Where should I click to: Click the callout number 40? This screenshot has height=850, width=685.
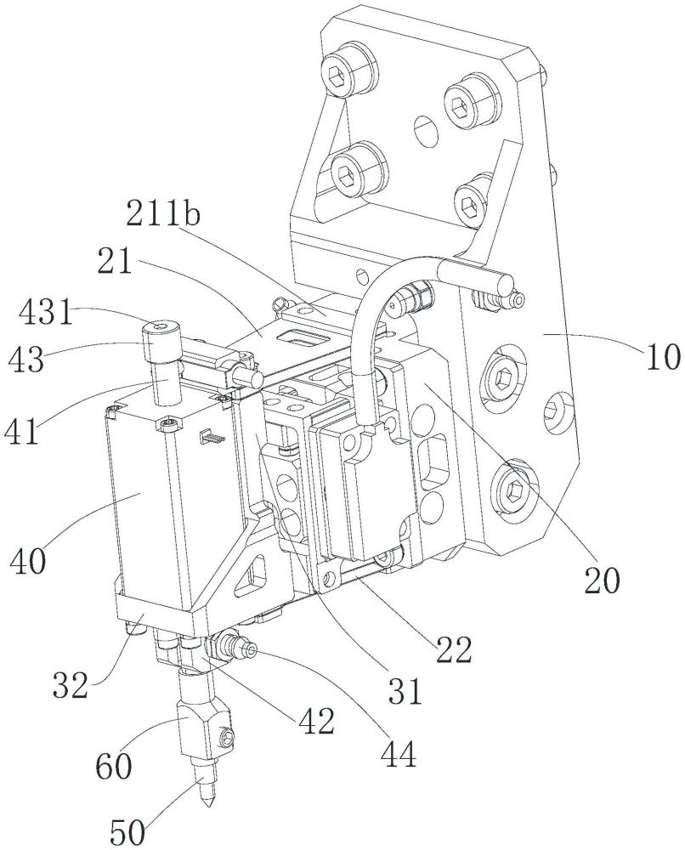tap(28, 560)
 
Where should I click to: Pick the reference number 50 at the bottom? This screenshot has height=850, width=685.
tap(128, 833)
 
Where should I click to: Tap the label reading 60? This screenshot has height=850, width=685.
tap(113, 767)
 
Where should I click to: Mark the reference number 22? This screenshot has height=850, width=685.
tap(454, 649)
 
